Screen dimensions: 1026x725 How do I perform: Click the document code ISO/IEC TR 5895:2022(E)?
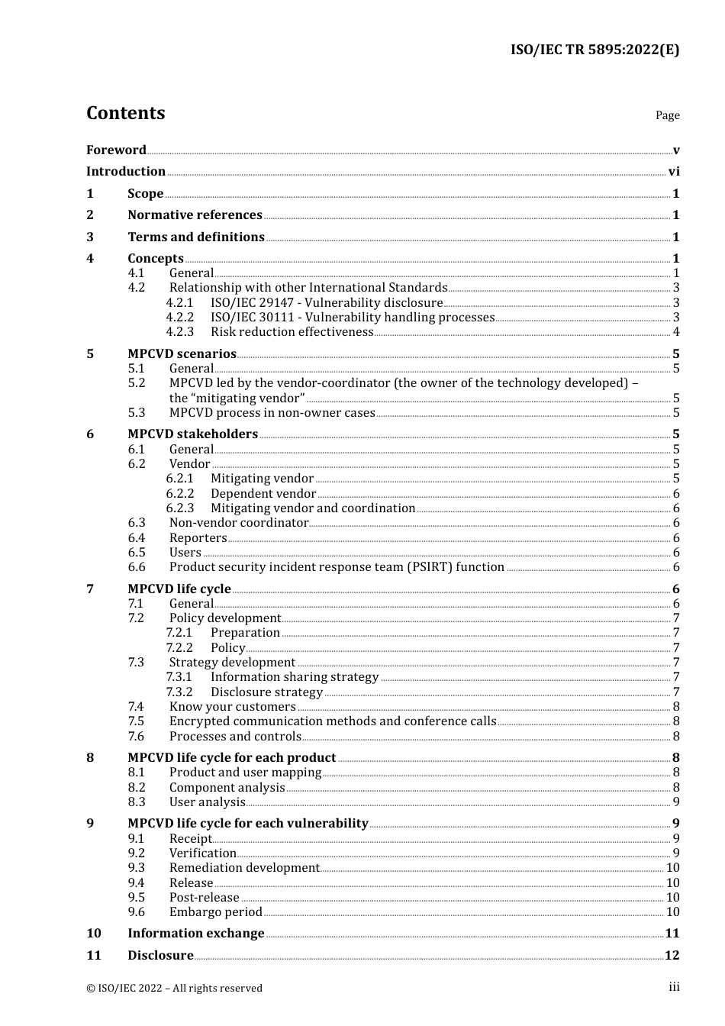coord(594,50)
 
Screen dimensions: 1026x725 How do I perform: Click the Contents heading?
coord(125,113)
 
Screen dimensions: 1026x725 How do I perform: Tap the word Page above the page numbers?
coord(667,115)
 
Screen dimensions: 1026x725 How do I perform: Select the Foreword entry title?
coord(116,150)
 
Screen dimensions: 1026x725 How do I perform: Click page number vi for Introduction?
coord(674,172)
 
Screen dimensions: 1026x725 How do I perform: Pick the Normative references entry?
coord(195,215)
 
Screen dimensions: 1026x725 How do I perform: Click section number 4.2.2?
coord(180,318)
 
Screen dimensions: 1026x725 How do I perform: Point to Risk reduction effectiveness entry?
coord(292,332)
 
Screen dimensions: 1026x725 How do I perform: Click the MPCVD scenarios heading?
coord(182,353)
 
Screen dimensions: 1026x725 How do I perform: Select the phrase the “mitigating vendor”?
coord(237,398)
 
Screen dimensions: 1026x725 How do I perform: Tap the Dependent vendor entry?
coord(263,494)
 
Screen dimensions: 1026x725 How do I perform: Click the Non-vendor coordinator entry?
coord(239,523)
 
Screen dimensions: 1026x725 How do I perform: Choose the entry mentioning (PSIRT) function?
coord(337,567)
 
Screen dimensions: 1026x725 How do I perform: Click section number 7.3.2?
coord(179,692)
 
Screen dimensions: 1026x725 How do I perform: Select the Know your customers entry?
coord(232,707)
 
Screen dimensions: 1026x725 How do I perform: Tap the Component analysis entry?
coord(227,788)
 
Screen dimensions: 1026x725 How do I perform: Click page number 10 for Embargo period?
coord(672,912)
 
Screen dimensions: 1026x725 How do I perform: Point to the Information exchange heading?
coord(195,934)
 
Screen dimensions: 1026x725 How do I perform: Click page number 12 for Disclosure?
coord(672,956)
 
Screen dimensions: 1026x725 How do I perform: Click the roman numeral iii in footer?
coord(674,987)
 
